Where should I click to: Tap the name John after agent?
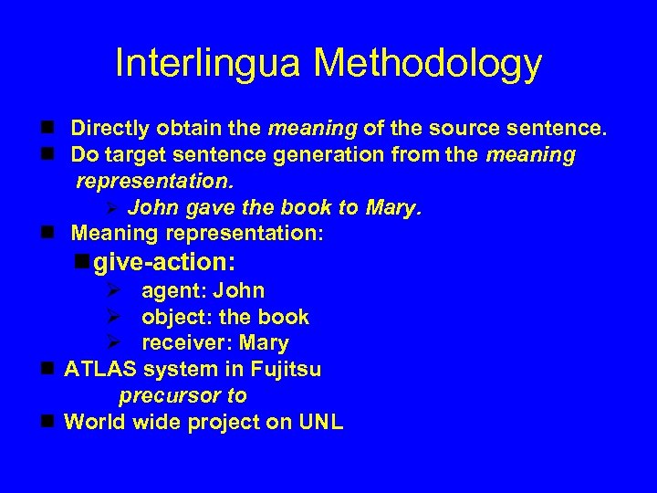238,291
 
